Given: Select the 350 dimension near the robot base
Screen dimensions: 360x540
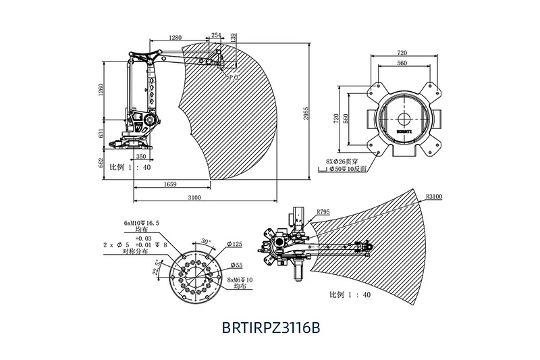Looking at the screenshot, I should (141, 156).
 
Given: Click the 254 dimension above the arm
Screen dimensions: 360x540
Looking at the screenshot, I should (217, 35).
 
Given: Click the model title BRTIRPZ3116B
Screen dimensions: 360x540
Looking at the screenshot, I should (270, 328).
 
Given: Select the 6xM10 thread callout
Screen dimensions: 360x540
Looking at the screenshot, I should (140, 222).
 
